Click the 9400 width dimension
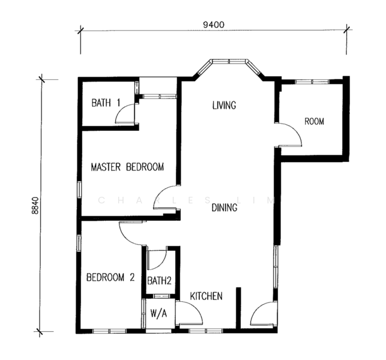pyautogui.click(x=214, y=25)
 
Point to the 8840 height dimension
pyautogui.click(x=35, y=205)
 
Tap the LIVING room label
pyautogui.click(x=224, y=105)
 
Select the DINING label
pyautogui.click(x=225, y=208)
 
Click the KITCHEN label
pyautogui.click(x=207, y=296)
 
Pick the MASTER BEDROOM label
pyautogui.click(x=127, y=167)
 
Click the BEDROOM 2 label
pyautogui.click(x=110, y=277)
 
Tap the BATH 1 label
pyautogui.click(x=106, y=103)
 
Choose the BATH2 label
pyautogui.click(x=159, y=281)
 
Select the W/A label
pyautogui.click(x=158, y=313)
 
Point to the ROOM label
pyautogui.click(x=314, y=121)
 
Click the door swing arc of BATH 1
pyautogui.click(x=121, y=109)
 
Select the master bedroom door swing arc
pyautogui.click(x=160, y=192)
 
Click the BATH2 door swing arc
pyautogui.click(x=161, y=264)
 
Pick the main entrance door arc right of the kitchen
pyautogui.click(x=258, y=308)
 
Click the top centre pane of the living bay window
pyautogui.click(x=229, y=61)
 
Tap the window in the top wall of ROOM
pyautogui.click(x=312, y=82)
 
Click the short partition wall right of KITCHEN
pyautogui.click(x=238, y=308)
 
